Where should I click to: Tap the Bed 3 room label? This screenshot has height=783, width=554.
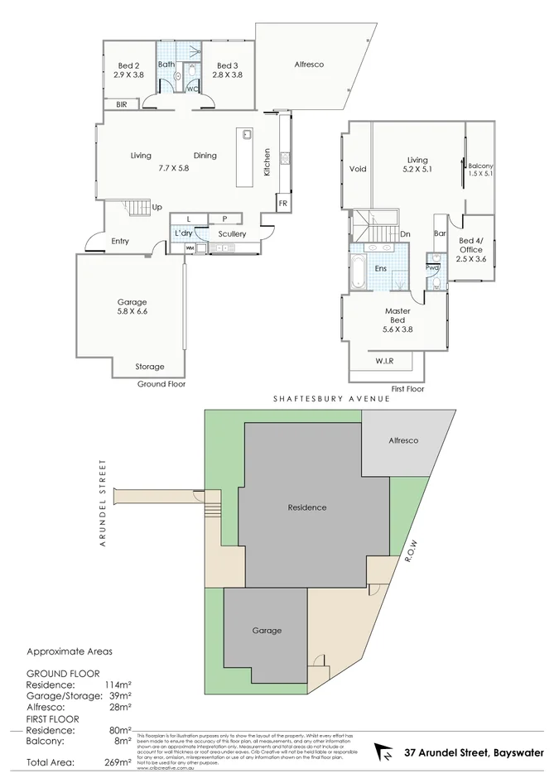click(227, 70)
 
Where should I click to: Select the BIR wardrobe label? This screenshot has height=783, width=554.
click(122, 104)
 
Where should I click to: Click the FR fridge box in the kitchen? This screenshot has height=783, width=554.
click(282, 203)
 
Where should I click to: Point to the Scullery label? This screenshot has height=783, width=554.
click(232, 234)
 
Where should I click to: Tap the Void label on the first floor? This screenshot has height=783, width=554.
click(358, 169)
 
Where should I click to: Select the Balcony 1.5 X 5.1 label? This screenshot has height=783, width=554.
click(480, 169)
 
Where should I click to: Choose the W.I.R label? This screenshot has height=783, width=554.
click(384, 360)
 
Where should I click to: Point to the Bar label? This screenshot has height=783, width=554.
click(441, 233)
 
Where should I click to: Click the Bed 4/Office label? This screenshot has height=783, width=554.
click(470, 249)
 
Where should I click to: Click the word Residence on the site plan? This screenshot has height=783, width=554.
click(306, 507)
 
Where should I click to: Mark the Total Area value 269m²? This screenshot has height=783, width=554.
click(116, 762)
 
